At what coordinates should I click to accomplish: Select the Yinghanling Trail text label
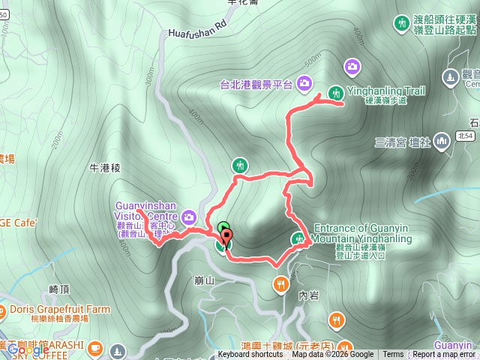click(x=397, y=91)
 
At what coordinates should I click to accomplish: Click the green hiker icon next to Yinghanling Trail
click(x=352, y=67)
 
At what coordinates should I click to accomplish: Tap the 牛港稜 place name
click(x=105, y=168)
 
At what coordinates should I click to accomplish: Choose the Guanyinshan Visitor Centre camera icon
click(x=190, y=217)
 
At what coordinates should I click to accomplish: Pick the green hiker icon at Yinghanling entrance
click(x=298, y=239)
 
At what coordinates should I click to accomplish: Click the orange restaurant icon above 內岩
click(x=280, y=284)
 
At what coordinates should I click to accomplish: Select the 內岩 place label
click(x=307, y=295)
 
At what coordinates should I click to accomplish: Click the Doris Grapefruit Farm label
click(x=60, y=309)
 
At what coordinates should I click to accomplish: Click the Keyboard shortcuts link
click(x=251, y=355)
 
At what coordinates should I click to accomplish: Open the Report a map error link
click(x=443, y=355)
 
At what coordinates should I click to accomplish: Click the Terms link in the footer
click(x=393, y=355)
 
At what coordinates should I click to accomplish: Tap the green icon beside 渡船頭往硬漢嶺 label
click(x=401, y=24)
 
